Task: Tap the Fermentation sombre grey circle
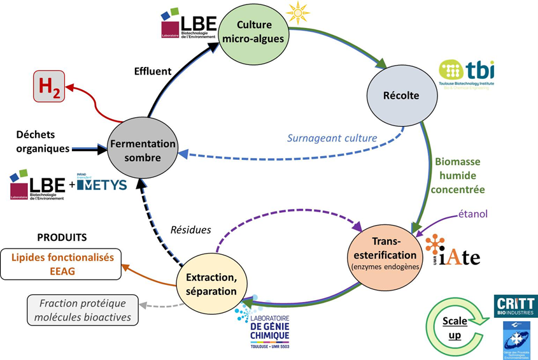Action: [x=139, y=149]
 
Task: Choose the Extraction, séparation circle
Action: [x=211, y=285]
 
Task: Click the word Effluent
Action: [x=152, y=70]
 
